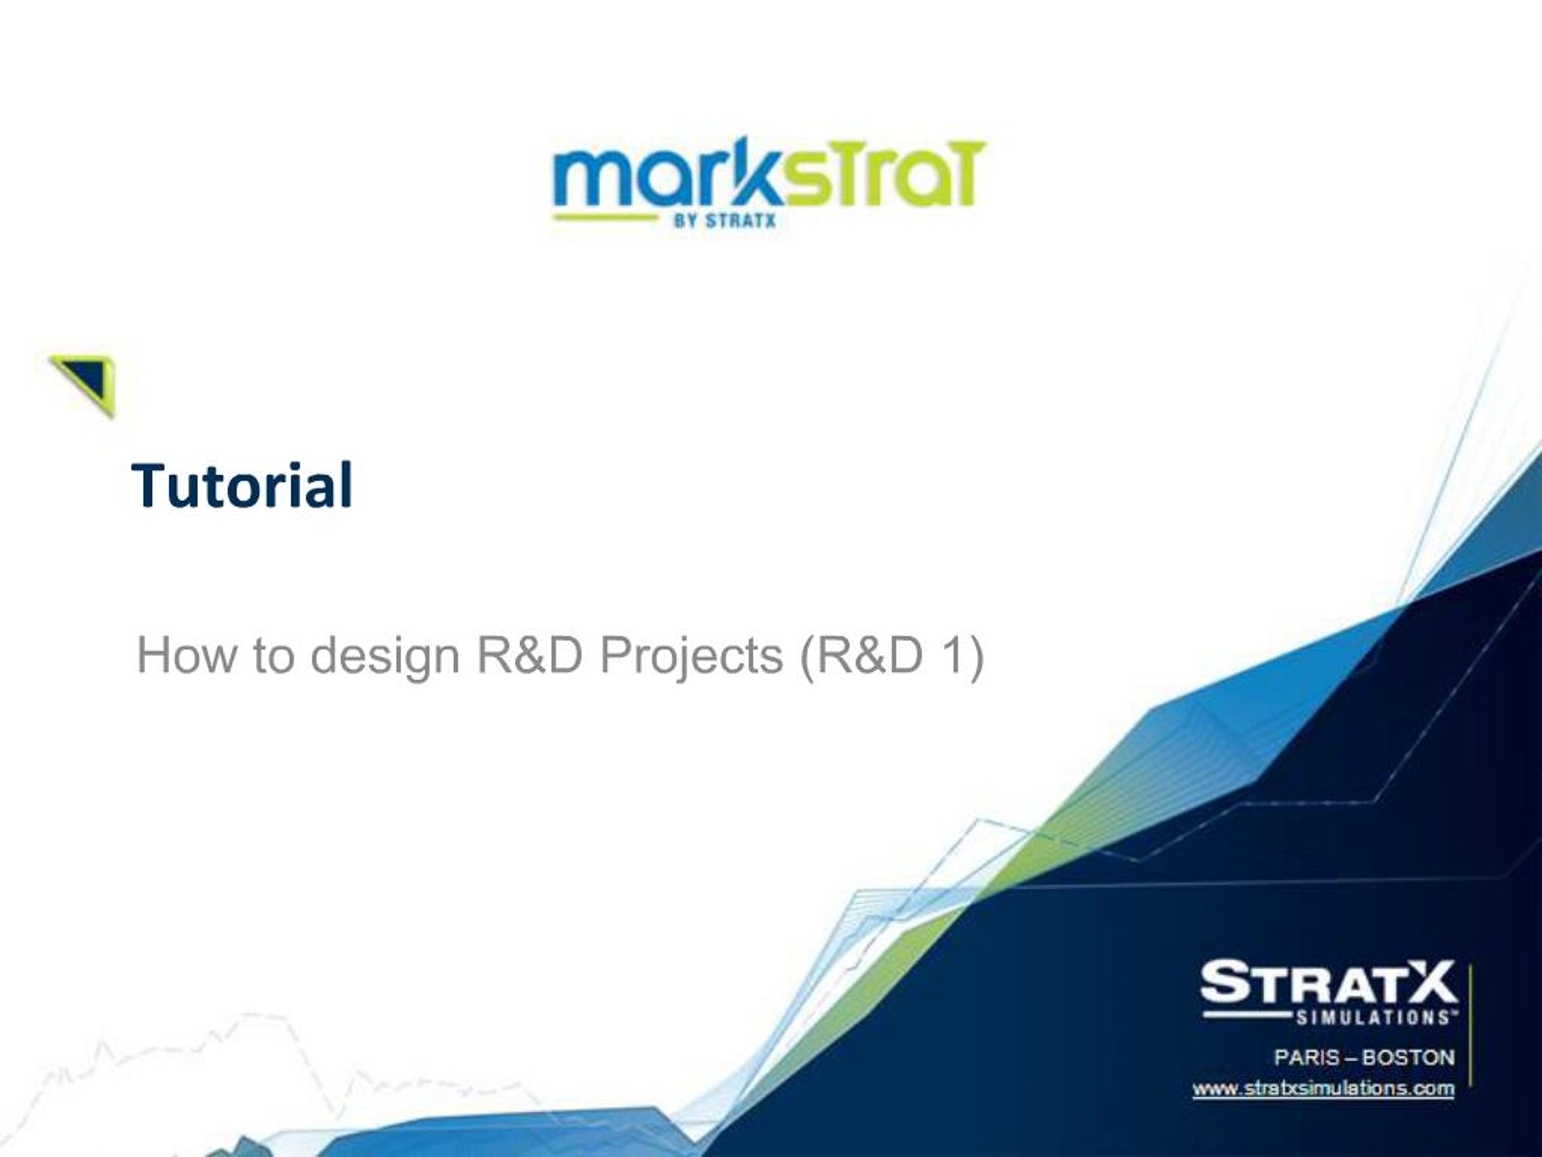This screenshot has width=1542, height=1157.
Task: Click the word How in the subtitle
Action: (x=186, y=656)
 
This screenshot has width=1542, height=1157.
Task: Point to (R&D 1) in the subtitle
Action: (x=891, y=656)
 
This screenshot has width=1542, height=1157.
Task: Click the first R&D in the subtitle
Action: (x=529, y=656)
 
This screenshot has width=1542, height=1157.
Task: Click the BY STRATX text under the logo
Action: (x=724, y=221)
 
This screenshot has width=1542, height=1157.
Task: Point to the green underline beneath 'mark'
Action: (x=605, y=218)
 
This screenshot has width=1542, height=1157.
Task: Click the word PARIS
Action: (x=1306, y=1058)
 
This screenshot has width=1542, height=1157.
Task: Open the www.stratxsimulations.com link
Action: (x=1323, y=1089)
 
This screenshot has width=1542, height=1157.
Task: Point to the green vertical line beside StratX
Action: (x=1470, y=1025)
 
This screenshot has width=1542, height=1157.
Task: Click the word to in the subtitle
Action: (x=273, y=656)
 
